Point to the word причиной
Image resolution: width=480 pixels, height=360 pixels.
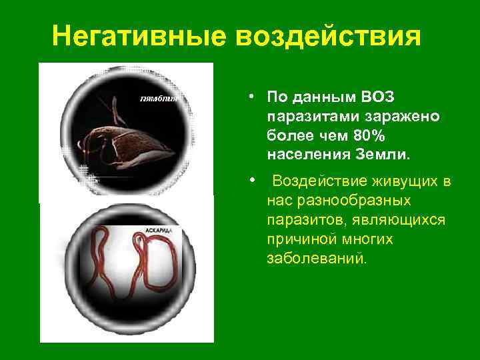click(303, 239)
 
